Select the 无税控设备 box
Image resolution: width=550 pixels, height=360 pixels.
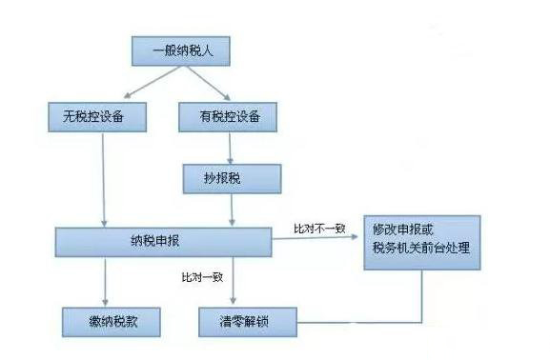99,117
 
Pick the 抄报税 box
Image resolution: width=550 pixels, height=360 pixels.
234,177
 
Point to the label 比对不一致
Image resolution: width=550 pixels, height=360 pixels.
320,230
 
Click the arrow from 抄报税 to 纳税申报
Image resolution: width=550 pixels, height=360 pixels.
233,209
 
